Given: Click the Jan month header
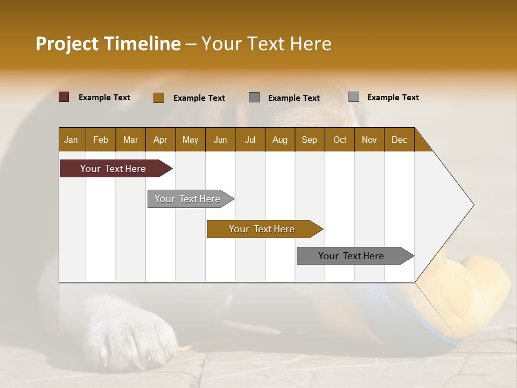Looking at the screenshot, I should (72, 140).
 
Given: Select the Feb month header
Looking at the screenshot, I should (101, 140).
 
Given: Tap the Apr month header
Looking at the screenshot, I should (160, 140).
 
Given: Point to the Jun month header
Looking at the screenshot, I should (220, 140).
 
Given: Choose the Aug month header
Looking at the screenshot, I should (280, 140).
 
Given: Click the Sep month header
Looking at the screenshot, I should (309, 140).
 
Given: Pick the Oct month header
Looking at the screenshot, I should (340, 140).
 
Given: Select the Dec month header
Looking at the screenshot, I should (399, 140).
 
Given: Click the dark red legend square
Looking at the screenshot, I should (64, 97).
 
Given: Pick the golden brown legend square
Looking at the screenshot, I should (159, 98).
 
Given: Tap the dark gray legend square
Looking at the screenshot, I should (254, 98).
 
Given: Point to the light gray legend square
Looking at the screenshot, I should (354, 97).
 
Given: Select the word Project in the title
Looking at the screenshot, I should (67, 44).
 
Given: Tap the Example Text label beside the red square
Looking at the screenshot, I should (104, 98).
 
